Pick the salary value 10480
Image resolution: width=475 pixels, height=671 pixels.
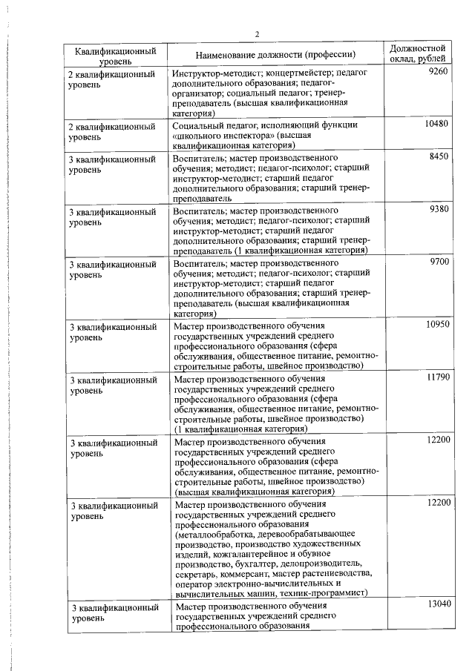[437, 124]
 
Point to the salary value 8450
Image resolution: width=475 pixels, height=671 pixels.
[439, 157]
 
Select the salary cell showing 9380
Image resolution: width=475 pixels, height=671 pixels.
[439, 210]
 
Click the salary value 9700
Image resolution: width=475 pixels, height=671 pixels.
[439, 262]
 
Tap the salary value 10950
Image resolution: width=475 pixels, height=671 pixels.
[437, 324]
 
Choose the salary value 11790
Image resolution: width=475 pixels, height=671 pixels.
[437, 377]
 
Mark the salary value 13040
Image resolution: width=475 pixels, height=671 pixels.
[437, 606]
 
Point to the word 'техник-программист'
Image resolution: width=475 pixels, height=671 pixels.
[324, 593]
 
